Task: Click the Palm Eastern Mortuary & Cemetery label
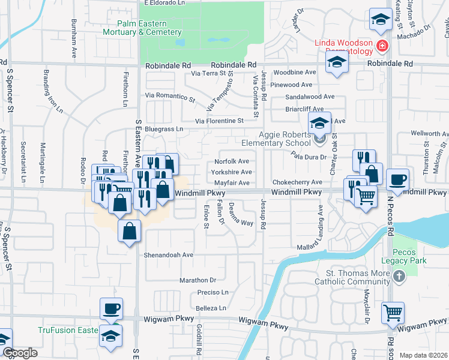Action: click(x=142, y=28)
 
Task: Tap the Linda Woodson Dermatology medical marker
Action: click(x=381, y=47)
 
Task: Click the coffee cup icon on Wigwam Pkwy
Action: click(x=111, y=309)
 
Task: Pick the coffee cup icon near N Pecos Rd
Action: click(x=397, y=179)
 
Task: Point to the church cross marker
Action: click(x=398, y=277)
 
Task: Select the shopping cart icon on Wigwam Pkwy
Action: click(x=393, y=312)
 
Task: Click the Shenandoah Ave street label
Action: click(x=168, y=254)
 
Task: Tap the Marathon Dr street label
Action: click(x=197, y=280)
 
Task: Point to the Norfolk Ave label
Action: click(x=232, y=161)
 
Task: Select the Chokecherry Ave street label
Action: click(x=298, y=182)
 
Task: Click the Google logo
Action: click(x=20, y=353)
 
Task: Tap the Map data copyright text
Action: click(x=424, y=355)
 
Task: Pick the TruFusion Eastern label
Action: click(x=67, y=330)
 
